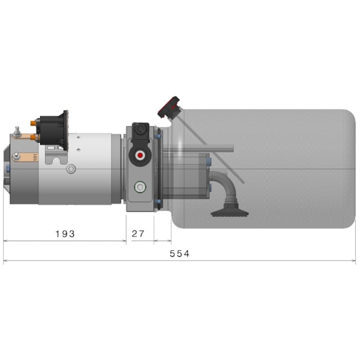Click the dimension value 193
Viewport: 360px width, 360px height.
(64, 233)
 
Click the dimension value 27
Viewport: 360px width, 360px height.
(138, 233)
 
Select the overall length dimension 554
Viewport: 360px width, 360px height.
(179, 254)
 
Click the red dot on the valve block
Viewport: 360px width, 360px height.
(140, 155)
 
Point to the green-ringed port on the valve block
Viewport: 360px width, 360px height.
(140, 187)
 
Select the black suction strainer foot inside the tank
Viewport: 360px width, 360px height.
(229, 211)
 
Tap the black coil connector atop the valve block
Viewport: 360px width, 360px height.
(140, 131)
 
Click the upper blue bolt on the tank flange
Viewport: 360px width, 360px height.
(158, 136)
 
